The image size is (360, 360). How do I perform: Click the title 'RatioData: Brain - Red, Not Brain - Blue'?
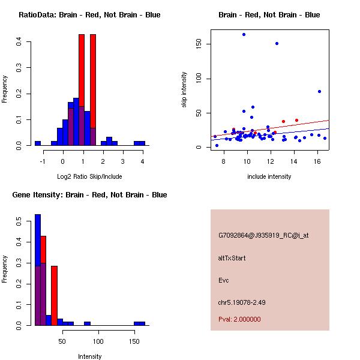click(x=89, y=15)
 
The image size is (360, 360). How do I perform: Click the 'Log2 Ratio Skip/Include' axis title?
click(x=89, y=176)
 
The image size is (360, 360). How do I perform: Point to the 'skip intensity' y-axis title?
click(x=184, y=90)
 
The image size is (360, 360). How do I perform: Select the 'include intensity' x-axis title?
click(x=269, y=176)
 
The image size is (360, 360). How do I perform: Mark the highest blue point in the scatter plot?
click(x=244, y=34)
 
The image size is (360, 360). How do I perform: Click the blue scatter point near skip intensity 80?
click(x=319, y=92)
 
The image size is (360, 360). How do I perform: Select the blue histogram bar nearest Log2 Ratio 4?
click(x=140, y=143)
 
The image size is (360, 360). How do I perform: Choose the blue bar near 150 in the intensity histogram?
click(x=139, y=323)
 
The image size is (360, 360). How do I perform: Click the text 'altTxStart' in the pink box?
click(x=232, y=258)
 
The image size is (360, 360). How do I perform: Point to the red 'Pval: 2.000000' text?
click(x=239, y=319)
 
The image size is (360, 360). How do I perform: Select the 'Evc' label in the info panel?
click(x=223, y=280)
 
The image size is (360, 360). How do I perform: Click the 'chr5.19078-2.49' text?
click(x=242, y=302)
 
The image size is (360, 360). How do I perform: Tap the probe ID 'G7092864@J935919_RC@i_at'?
click(x=263, y=236)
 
